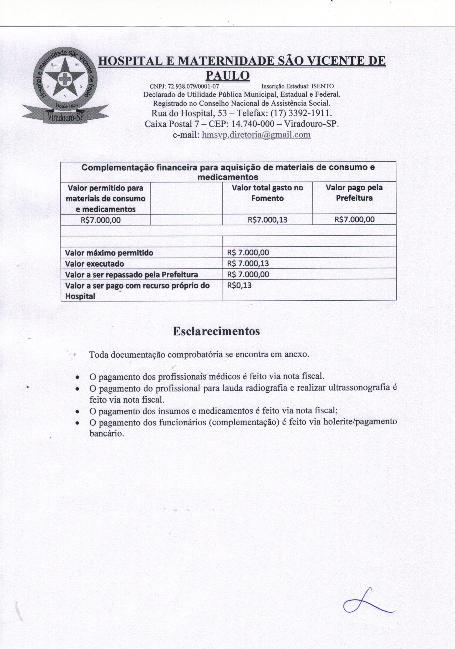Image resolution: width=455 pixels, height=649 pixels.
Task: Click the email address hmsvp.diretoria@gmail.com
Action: [256, 135]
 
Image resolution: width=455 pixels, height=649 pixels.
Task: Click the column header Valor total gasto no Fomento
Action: [267, 193]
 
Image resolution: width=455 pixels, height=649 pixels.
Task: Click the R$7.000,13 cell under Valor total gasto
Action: [267, 220]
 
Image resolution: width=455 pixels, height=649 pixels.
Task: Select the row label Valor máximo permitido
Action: [109, 253]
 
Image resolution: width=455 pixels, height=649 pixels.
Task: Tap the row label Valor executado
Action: [94, 264]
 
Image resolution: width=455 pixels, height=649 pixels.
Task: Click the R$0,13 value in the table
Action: [239, 285]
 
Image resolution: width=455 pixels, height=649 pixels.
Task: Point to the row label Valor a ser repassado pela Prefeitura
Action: [131, 275]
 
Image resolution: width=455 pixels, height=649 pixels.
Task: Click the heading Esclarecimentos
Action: [216, 331]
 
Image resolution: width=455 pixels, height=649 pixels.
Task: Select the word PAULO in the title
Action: [227, 75]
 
